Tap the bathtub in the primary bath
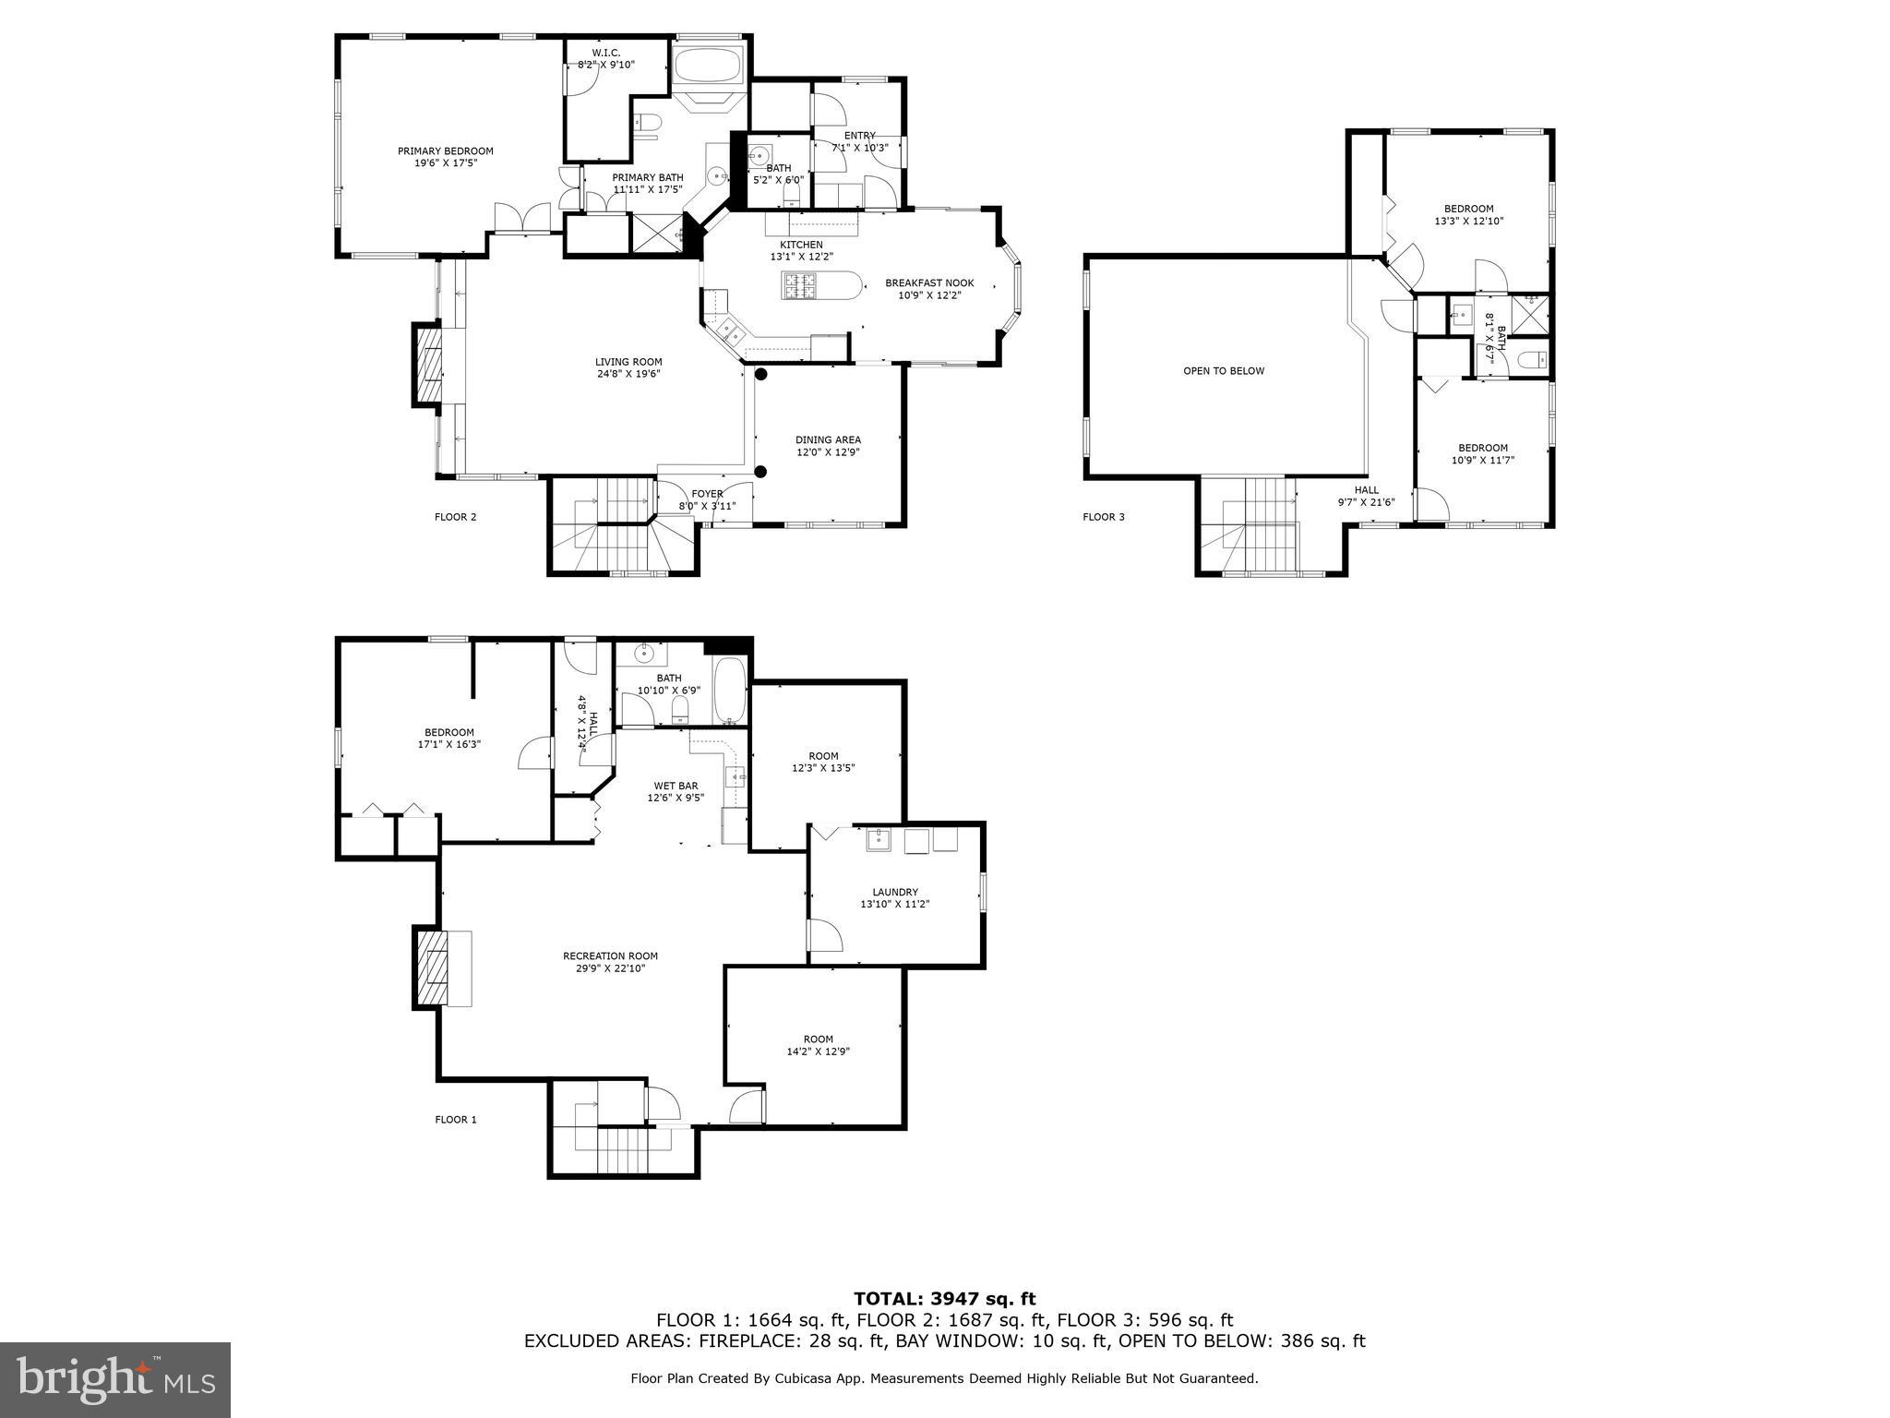[x=706, y=66]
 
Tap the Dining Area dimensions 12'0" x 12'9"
[x=828, y=453]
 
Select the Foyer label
[x=707, y=494]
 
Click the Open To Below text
[x=1224, y=371]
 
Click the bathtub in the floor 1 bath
[x=730, y=691]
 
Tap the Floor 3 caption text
[x=1103, y=517]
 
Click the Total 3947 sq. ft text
[x=944, y=1300]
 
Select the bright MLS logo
[x=115, y=1380]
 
